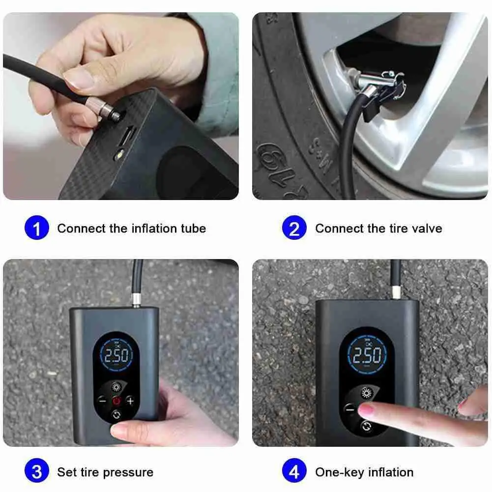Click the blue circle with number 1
pos(37,229)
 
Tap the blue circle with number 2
pos(294,229)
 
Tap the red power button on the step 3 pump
pos(116,401)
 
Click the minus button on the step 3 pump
pos(102,401)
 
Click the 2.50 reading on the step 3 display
pos(116,355)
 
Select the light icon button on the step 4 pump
pos(367,393)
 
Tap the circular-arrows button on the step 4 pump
pos(367,426)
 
